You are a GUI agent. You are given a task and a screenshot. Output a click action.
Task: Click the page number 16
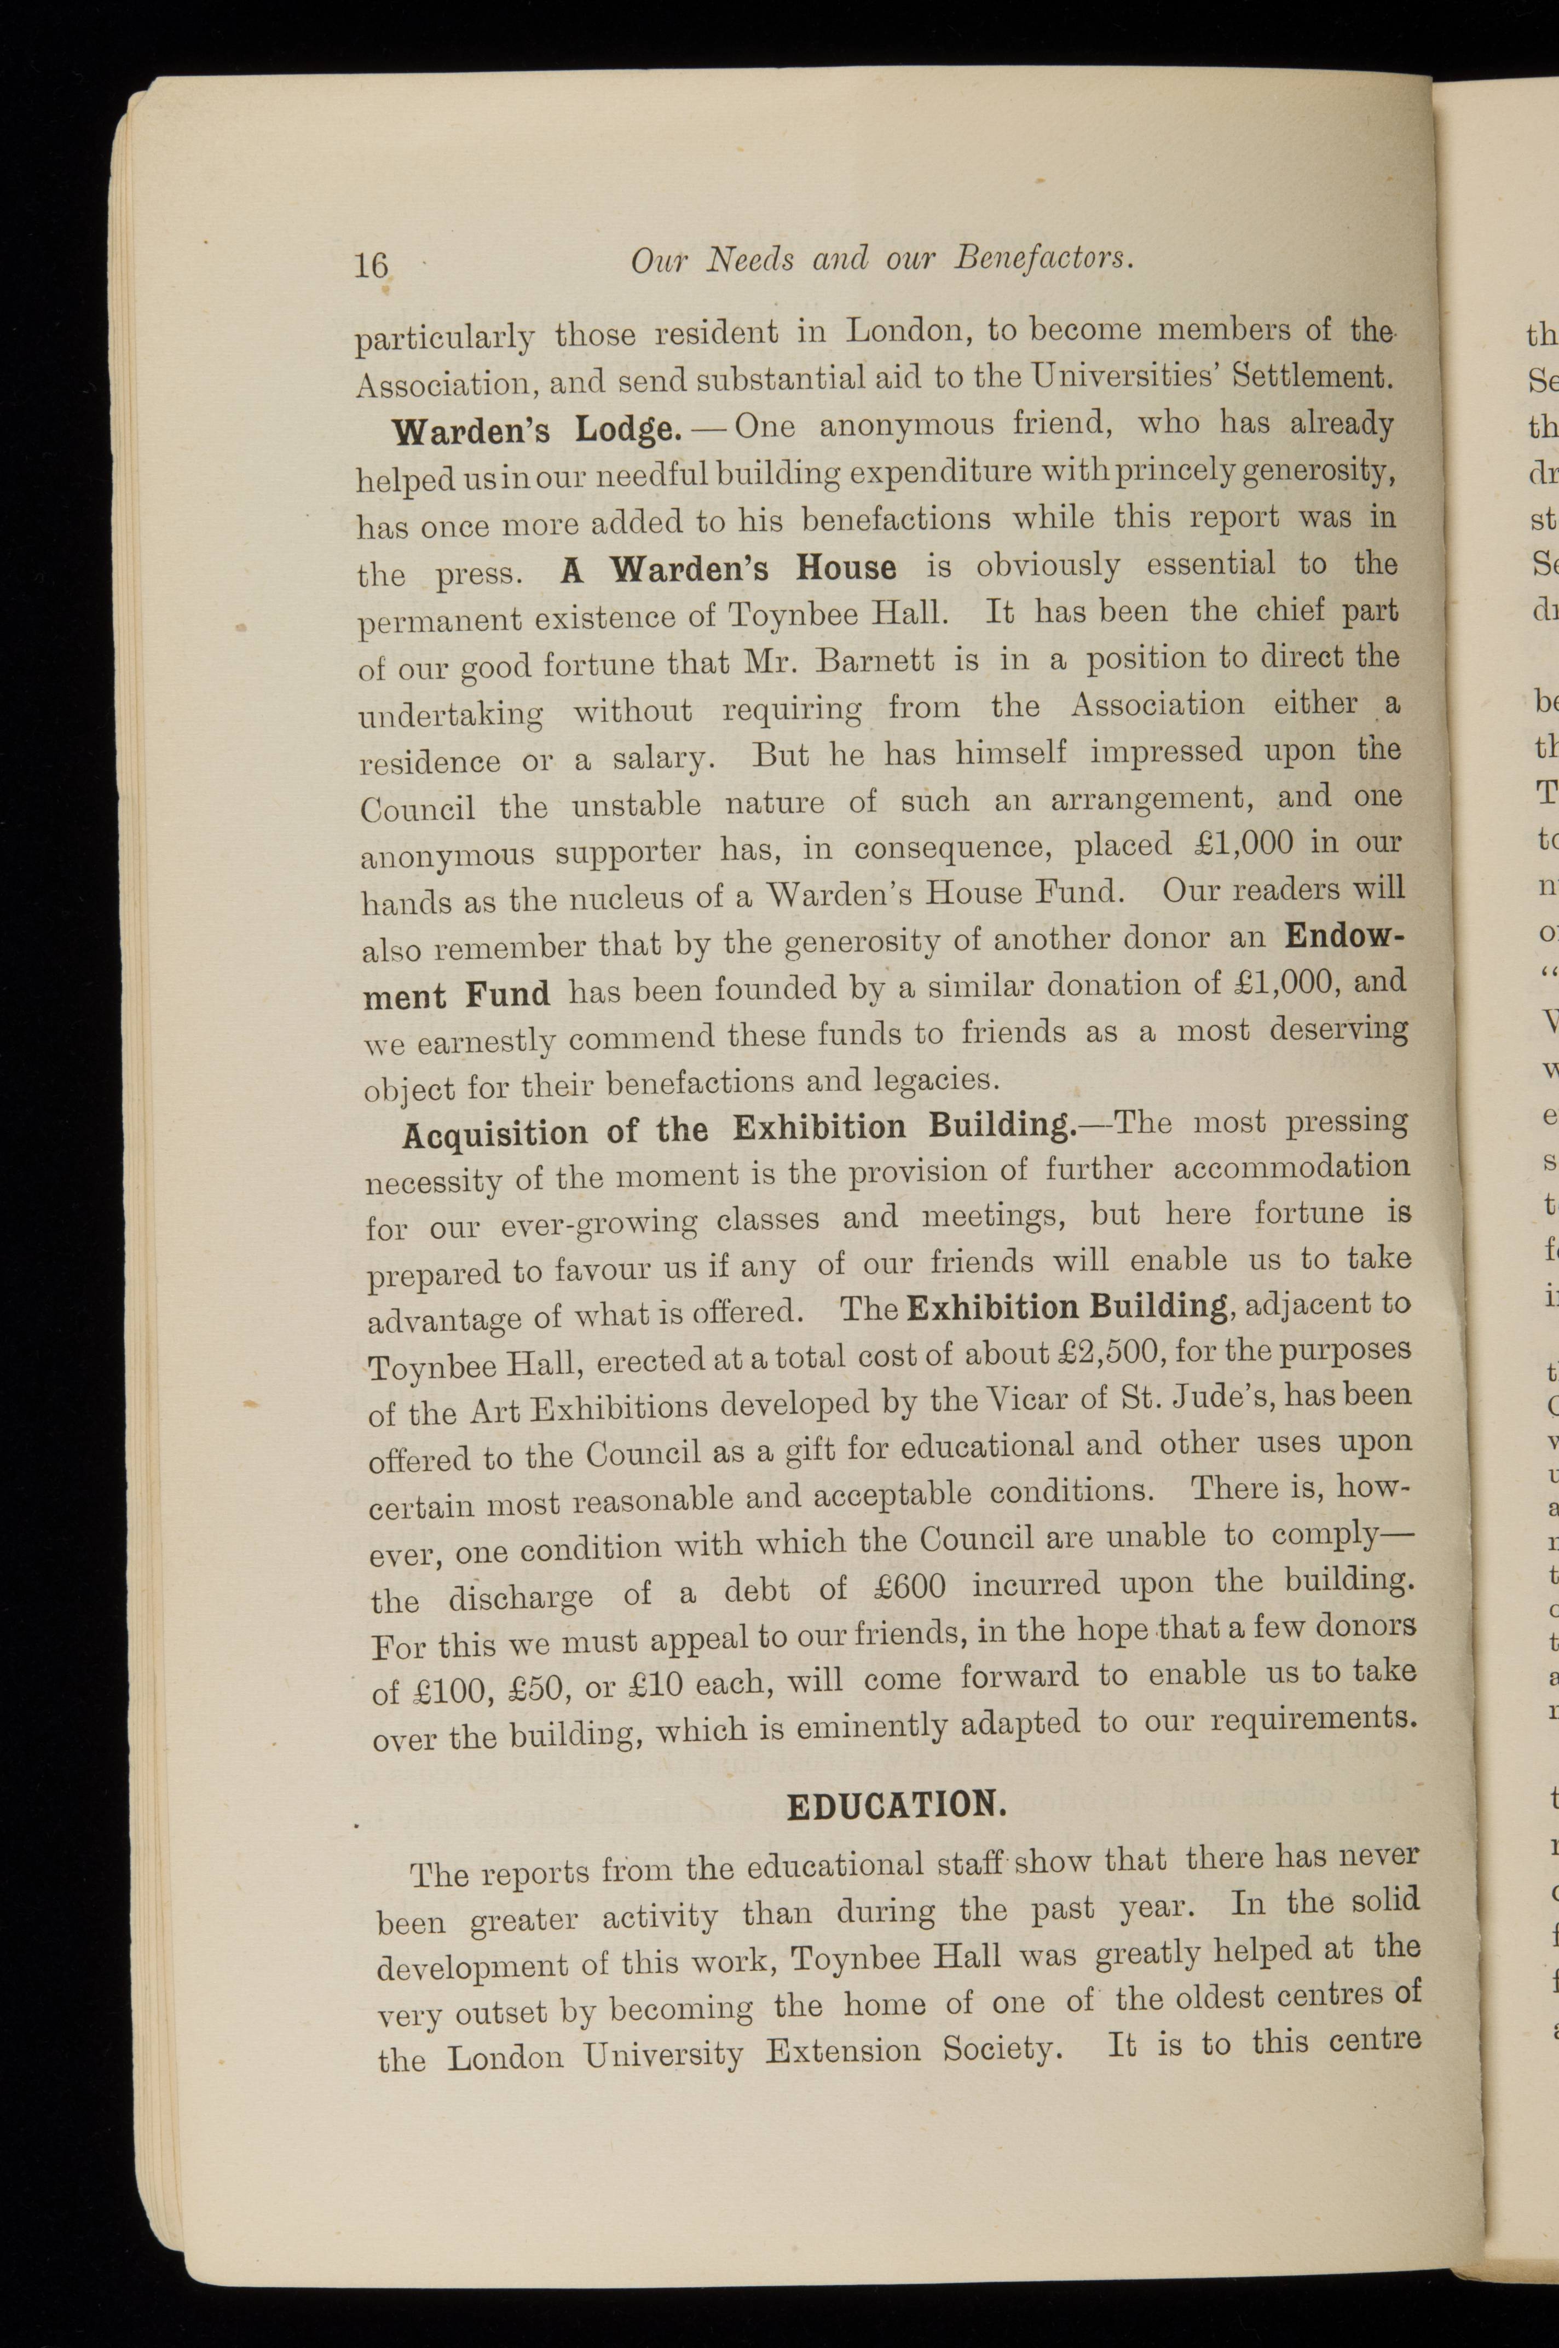coord(371,264)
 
